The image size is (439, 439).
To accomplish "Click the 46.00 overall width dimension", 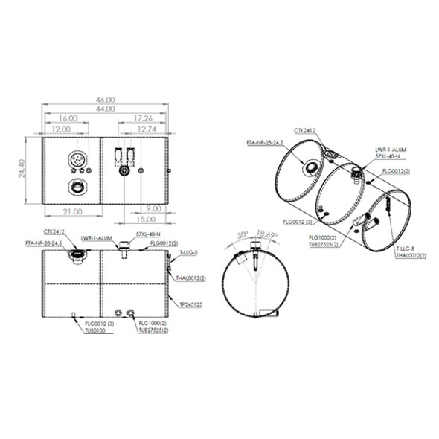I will point(105,100).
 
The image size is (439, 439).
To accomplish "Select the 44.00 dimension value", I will point(105,109).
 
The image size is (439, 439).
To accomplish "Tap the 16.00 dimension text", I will point(68,118).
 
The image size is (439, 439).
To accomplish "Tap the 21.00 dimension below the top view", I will point(71,211).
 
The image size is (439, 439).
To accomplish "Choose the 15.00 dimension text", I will point(147,219).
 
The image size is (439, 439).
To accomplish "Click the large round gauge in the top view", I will point(77,161).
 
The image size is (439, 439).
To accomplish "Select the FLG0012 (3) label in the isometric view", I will point(297,221).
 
